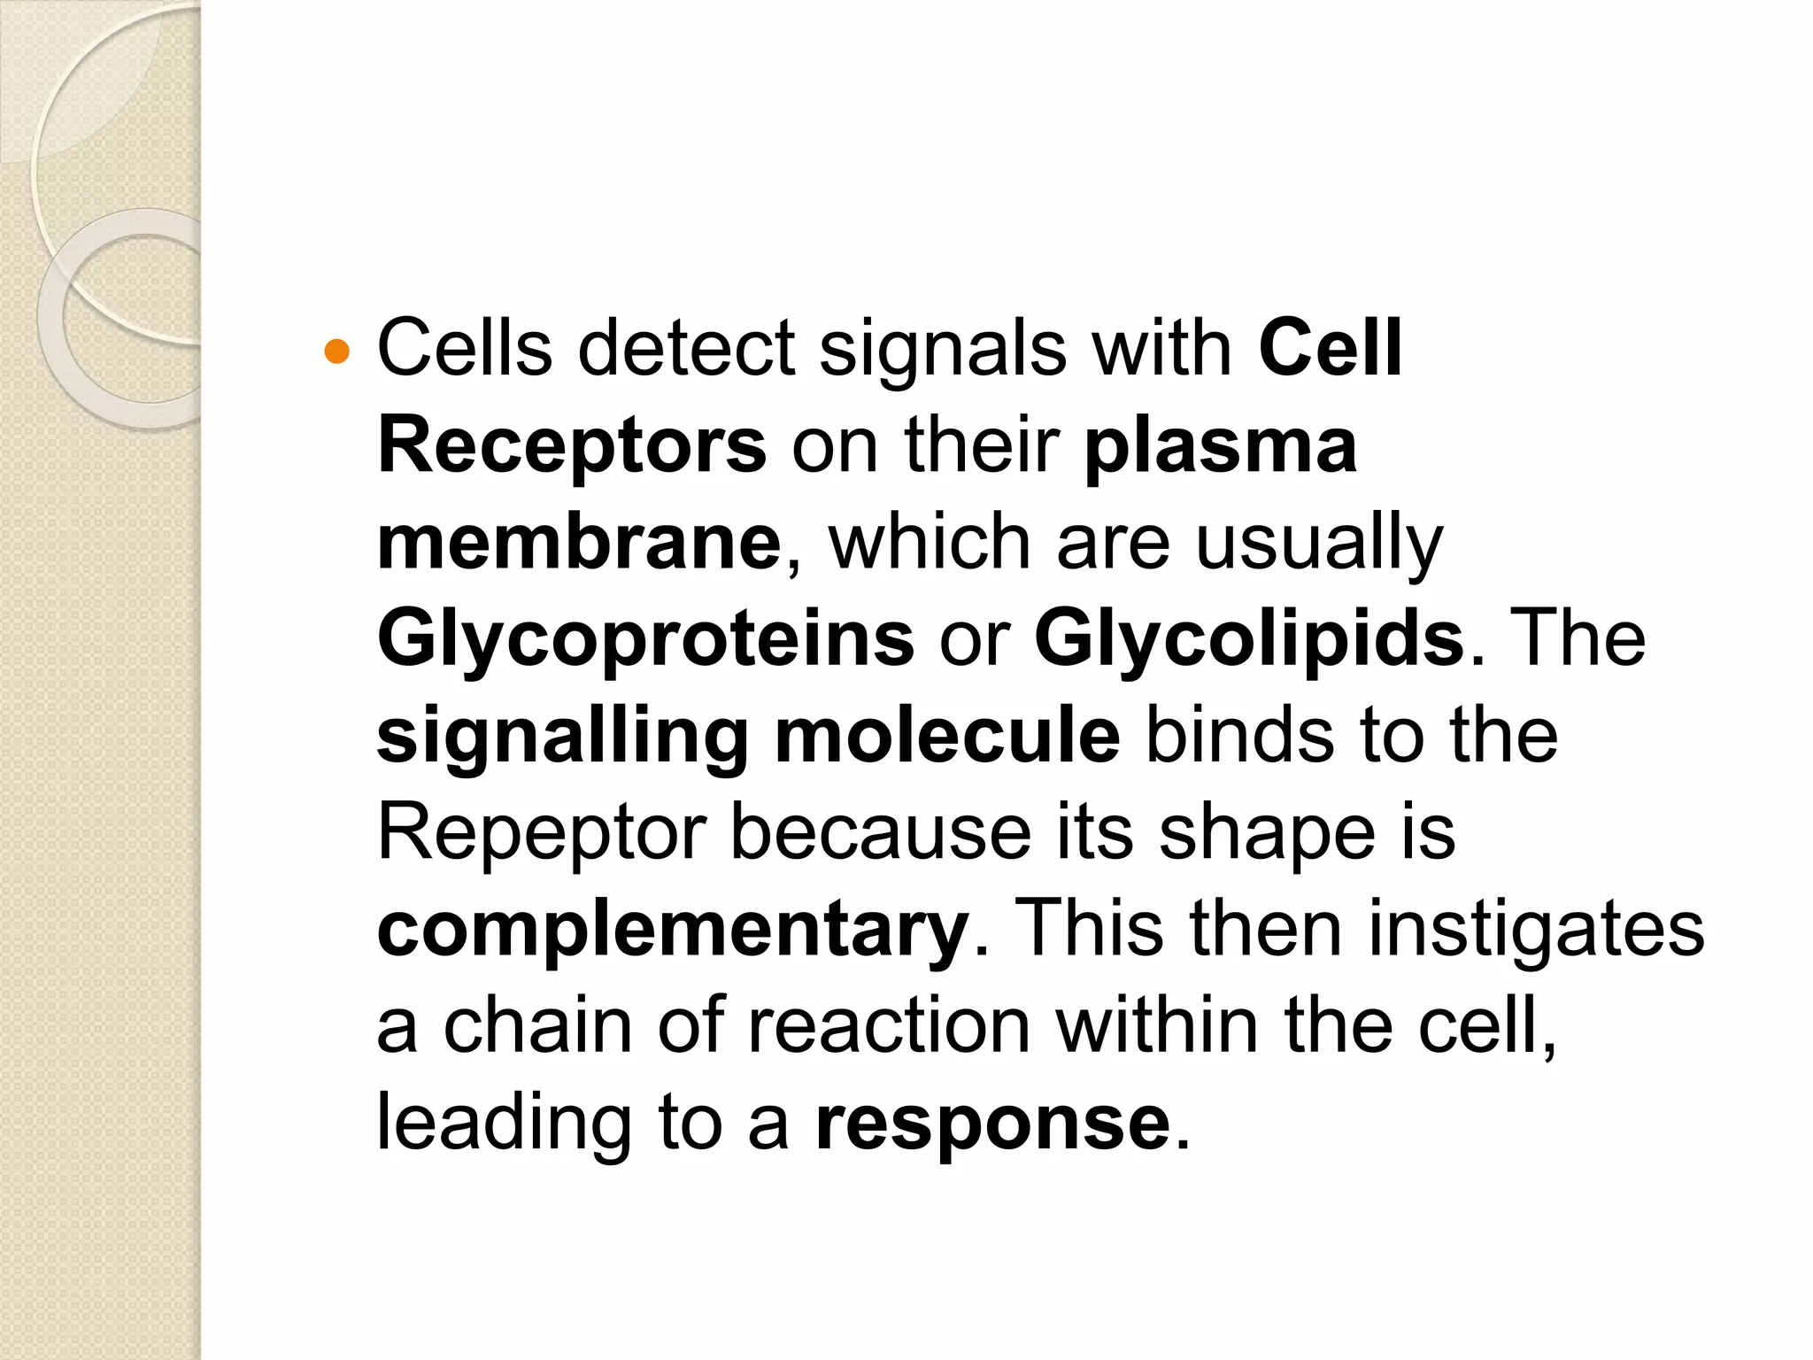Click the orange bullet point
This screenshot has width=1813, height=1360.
(x=337, y=352)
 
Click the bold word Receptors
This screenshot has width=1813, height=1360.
(x=572, y=445)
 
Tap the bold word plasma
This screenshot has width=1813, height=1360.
(x=1221, y=445)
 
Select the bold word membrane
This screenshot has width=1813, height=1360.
(x=579, y=543)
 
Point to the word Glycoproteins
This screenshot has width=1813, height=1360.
(x=645, y=639)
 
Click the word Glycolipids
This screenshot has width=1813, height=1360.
(x=1249, y=639)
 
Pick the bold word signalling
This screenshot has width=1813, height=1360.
(x=563, y=737)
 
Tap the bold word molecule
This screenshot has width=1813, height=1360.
(x=947, y=737)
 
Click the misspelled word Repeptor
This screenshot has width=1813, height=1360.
(x=541, y=833)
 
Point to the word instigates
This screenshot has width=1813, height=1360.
(x=1536, y=930)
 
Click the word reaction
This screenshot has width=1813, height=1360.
(x=889, y=1027)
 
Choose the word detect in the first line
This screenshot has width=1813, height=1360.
(x=686, y=348)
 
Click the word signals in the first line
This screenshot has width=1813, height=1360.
(x=942, y=348)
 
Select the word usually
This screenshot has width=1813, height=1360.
(x=1319, y=543)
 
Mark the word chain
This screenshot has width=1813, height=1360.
(x=537, y=1027)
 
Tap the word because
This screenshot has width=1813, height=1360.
(x=881, y=833)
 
